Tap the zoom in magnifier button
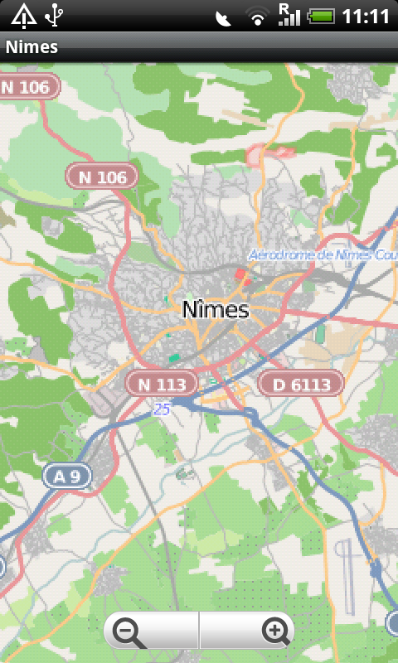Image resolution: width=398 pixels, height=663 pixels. pos(274,632)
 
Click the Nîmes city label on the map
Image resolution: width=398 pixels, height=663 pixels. pos(215,310)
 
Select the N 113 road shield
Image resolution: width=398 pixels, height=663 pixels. pos(162,384)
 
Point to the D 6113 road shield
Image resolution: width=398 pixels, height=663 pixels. pos(300,384)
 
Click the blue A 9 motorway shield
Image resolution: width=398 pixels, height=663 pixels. pos(67,476)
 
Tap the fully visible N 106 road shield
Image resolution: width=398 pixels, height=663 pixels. pos(102,177)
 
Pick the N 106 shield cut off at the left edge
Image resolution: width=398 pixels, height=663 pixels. pos(29,86)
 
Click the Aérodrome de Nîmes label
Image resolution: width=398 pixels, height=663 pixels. pos(322,254)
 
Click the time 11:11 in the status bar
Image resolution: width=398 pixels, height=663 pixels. pos(366,16)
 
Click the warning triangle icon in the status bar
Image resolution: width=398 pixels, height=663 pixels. pos(23,15)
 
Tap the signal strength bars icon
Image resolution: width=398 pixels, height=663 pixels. pos(289,15)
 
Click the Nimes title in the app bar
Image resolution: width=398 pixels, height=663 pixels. pos(32,46)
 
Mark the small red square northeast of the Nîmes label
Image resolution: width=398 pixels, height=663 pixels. pos(240,274)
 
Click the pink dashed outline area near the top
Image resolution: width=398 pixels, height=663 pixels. pos(269,152)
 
